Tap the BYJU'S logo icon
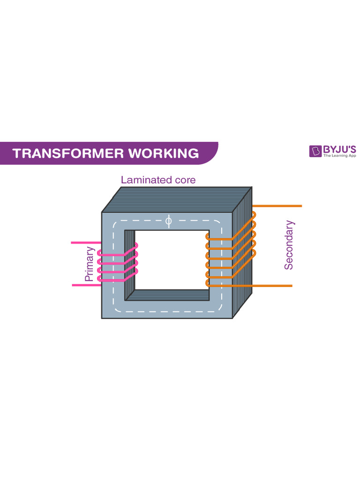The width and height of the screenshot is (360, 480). coord(315,151)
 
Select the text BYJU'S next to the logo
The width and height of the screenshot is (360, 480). coord(339,150)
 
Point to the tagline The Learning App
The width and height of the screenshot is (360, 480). coord(339,156)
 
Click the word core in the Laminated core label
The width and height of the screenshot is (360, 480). coord(184,180)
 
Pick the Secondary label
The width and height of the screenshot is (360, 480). coord(289,245)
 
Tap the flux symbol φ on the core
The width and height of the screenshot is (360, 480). coord(169,221)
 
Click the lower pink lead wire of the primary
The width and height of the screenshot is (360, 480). coord(84,285)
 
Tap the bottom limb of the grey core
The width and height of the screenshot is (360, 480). coord(166,309)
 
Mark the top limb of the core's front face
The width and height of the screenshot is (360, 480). coord(141,221)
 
